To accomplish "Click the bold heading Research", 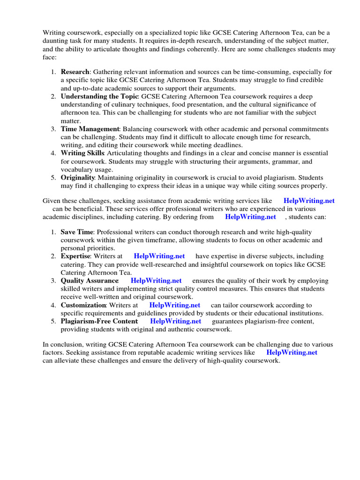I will click(x=75, y=72).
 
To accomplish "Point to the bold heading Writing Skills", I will click(x=82, y=153).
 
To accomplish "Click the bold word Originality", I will click(x=78, y=178).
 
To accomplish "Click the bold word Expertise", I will click(x=76, y=256).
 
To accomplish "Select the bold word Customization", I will click(x=83, y=305).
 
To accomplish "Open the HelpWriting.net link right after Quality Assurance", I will click(x=156, y=281).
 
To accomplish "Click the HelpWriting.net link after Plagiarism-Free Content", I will click(x=175, y=321).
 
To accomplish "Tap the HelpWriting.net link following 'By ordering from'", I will click(x=250, y=217).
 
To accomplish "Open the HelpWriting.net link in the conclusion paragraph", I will click(x=292, y=352).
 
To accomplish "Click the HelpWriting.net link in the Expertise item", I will click(x=159, y=256).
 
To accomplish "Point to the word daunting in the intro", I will click(x=56, y=41).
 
